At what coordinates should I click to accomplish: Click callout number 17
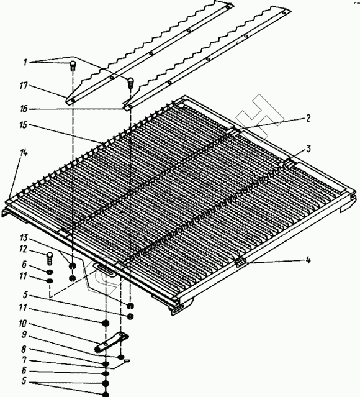pyautogui.click(x=23, y=86)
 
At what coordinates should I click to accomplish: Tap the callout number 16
pyautogui.click(x=24, y=109)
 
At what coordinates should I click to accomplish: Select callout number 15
pyautogui.click(x=23, y=125)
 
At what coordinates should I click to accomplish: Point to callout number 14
pyautogui.click(x=24, y=153)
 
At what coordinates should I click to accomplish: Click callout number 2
pyautogui.click(x=308, y=118)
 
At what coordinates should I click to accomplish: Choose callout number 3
pyautogui.click(x=308, y=149)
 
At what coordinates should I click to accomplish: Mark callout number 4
pyautogui.click(x=308, y=260)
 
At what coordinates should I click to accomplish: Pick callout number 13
pyautogui.click(x=24, y=238)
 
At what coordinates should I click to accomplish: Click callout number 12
pyautogui.click(x=23, y=249)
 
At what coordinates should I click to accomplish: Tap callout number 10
pyautogui.click(x=22, y=323)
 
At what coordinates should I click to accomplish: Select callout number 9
pyautogui.click(x=24, y=335)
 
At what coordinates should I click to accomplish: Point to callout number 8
pyautogui.click(x=24, y=349)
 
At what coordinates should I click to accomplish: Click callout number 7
pyautogui.click(x=24, y=360)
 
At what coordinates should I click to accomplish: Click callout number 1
pyautogui.click(x=25, y=62)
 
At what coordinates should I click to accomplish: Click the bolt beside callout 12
pyautogui.click(x=50, y=258)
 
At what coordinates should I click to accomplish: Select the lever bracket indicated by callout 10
pyautogui.click(x=111, y=342)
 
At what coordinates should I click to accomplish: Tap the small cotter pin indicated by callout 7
pyautogui.click(x=127, y=361)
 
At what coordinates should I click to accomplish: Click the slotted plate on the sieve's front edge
pyautogui.click(x=105, y=268)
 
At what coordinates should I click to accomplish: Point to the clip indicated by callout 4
pyautogui.click(x=241, y=263)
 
